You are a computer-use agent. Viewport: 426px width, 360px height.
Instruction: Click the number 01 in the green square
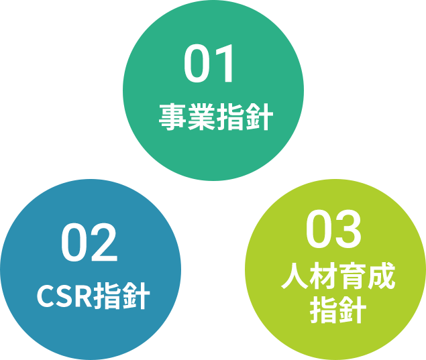[210, 64]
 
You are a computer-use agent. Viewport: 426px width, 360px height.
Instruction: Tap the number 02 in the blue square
[89, 243]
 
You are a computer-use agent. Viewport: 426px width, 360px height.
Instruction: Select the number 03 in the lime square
[333, 229]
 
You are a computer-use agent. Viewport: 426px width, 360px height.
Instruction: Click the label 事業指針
[215, 117]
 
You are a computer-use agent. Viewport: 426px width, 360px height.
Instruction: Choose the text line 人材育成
[338, 276]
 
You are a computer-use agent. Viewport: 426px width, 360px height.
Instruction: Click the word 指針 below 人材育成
[337, 310]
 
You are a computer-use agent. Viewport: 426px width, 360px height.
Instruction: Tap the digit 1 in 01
[226, 64]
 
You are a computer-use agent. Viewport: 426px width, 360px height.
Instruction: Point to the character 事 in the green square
[172, 117]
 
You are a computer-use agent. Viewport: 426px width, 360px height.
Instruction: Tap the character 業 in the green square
[201, 117]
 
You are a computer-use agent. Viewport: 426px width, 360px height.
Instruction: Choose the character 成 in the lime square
[381, 276]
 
